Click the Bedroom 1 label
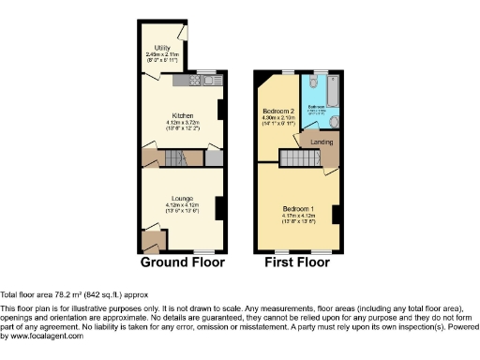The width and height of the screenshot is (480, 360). [x=299, y=210]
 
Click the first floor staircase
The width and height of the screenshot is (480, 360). [x=299, y=160]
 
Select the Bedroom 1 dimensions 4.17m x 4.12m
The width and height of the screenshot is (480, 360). [x=299, y=217]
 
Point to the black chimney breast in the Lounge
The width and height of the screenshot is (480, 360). [x=220, y=207]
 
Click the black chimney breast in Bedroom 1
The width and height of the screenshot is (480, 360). [x=336, y=214]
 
